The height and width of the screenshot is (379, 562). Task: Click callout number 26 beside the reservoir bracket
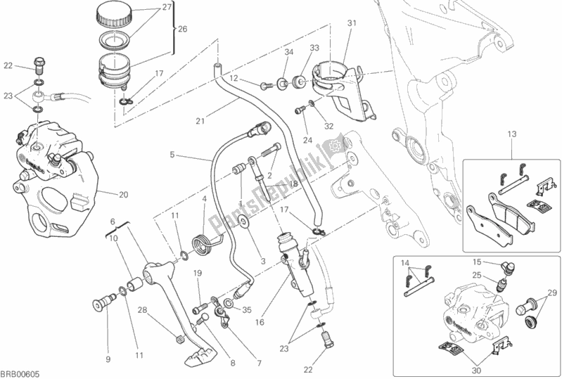click(x=184, y=30)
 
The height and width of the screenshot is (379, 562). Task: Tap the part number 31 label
click(x=351, y=23)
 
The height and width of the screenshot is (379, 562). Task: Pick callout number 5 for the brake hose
click(x=172, y=154)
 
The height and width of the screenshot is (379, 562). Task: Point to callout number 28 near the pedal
click(x=142, y=310)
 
